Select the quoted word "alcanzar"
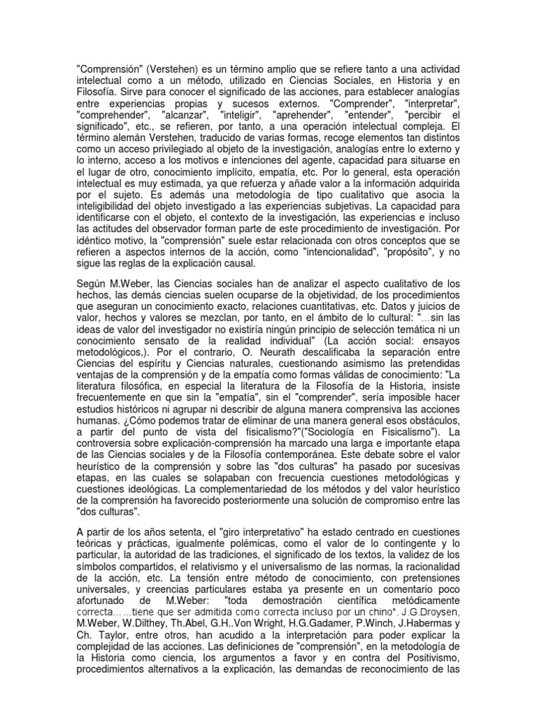185,114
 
